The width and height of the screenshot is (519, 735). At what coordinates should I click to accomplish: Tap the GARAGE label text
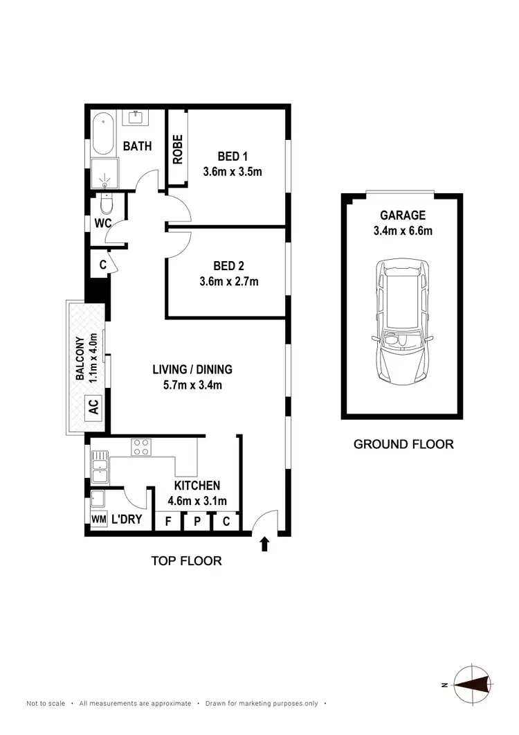(x=402, y=215)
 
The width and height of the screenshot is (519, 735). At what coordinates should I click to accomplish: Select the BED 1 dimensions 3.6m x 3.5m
(x=233, y=172)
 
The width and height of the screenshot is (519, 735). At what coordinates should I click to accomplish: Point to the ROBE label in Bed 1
(x=178, y=149)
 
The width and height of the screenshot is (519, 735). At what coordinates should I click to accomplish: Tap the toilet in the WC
(x=106, y=205)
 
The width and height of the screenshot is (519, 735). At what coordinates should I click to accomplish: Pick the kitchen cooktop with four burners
(x=142, y=448)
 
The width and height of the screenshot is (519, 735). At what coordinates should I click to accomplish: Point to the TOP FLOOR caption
(x=187, y=560)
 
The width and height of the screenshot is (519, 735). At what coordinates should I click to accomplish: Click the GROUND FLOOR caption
(x=403, y=444)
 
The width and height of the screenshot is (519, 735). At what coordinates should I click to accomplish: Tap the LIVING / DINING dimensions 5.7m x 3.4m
(x=192, y=385)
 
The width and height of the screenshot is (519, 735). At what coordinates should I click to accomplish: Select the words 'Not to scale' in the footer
(x=46, y=703)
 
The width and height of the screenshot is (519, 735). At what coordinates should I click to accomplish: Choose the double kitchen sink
(x=98, y=464)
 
